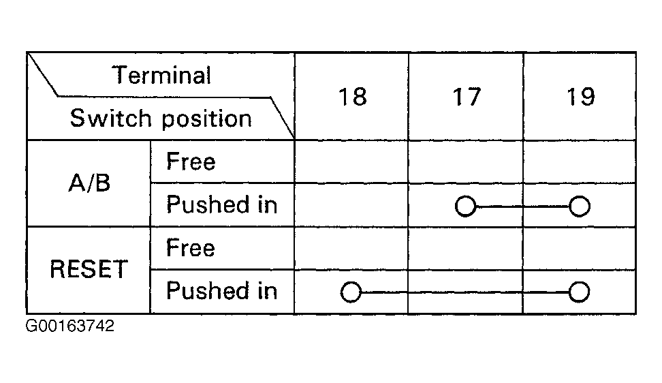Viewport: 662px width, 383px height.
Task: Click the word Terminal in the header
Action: [x=161, y=75]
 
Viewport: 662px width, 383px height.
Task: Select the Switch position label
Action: [x=161, y=118]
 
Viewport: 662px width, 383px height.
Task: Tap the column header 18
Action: [x=353, y=97]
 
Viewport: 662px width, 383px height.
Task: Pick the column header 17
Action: [x=467, y=97]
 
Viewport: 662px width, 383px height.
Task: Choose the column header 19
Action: [x=580, y=97]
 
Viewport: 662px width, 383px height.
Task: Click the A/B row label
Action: [x=89, y=183]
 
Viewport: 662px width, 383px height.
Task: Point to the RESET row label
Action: [x=89, y=269]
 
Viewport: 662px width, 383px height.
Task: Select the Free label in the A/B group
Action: [x=191, y=162]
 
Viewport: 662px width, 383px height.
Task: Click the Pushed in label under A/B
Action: [x=221, y=204]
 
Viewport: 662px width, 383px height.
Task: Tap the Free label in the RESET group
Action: [x=191, y=247]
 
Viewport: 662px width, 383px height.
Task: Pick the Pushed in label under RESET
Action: [x=221, y=290]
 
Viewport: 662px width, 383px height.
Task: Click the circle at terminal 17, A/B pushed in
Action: [x=466, y=206]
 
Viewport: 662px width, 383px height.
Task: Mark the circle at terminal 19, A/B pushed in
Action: [x=579, y=206]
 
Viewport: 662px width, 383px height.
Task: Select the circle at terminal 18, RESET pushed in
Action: [x=351, y=292]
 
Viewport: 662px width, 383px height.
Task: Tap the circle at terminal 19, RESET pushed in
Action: [x=579, y=292]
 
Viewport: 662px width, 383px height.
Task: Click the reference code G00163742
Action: [x=70, y=326]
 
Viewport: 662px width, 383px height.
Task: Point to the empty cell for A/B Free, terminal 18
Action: [x=351, y=162]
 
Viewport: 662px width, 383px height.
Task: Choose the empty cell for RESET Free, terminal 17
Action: [x=466, y=248]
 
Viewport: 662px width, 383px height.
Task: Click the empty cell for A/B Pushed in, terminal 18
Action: [x=351, y=205]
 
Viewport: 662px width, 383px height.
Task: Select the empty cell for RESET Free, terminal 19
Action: [x=579, y=248]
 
